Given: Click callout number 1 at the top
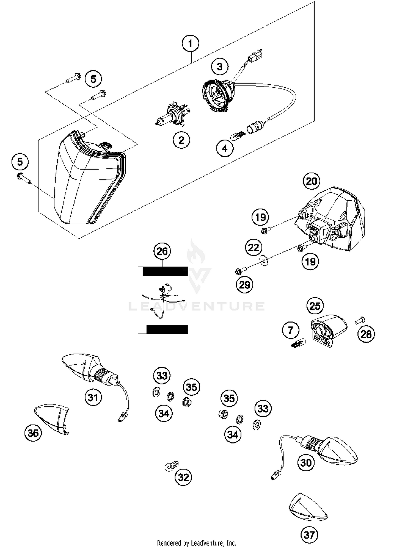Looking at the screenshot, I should coord(190,43).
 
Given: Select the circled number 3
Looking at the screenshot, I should coord(220,67).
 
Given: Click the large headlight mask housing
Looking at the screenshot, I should coord(87,182).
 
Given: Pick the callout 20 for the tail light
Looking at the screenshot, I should coord(312,181).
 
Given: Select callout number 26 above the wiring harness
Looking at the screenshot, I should coord(162,251).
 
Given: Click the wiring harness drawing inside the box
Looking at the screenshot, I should coord(163,300).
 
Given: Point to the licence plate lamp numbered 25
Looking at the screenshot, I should coord(328,330).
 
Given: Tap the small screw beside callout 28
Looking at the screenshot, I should coord(360,320).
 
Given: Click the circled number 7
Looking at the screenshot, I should coord(291,330).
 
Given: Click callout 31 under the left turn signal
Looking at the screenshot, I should coord(93,397).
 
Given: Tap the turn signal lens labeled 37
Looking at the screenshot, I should coord(308,507).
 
